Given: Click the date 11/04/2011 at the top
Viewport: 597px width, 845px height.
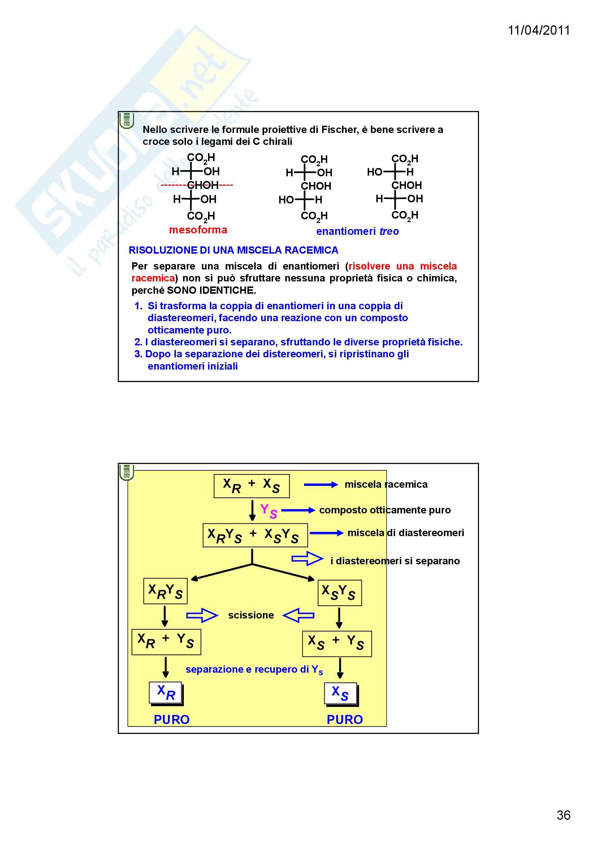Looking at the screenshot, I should (x=538, y=31).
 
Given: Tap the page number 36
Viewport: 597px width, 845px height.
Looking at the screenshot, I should (x=563, y=815).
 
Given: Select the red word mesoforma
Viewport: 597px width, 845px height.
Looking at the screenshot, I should (x=198, y=230).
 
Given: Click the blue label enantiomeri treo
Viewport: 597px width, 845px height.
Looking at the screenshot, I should (x=357, y=232).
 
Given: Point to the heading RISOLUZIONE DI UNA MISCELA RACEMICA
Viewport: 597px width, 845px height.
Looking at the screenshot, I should (x=233, y=250).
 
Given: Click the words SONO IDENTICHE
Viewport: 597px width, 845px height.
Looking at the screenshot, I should (x=211, y=290).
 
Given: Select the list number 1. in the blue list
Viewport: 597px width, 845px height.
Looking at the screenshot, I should (x=138, y=306).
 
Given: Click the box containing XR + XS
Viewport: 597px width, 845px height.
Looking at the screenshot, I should (x=252, y=486).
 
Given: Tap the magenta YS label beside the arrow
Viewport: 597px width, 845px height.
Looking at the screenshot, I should (x=268, y=511).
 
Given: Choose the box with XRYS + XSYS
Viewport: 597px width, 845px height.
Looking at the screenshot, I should (x=255, y=535).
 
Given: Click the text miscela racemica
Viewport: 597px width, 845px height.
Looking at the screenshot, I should (x=386, y=484).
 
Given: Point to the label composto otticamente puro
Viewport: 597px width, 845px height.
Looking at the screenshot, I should (x=385, y=510).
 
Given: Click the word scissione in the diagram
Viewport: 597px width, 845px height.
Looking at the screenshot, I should (x=251, y=615).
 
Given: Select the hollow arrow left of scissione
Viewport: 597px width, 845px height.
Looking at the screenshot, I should (x=202, y=615).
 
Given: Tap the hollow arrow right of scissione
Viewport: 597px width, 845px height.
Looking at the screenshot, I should (x=298, y=615).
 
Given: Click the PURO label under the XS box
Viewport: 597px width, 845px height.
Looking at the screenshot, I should (x=345, y=720).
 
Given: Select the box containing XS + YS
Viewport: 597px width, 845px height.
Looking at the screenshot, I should (x=337, y=644).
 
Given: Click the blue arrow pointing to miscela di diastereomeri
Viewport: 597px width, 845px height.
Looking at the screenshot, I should (x=326, y=533).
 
